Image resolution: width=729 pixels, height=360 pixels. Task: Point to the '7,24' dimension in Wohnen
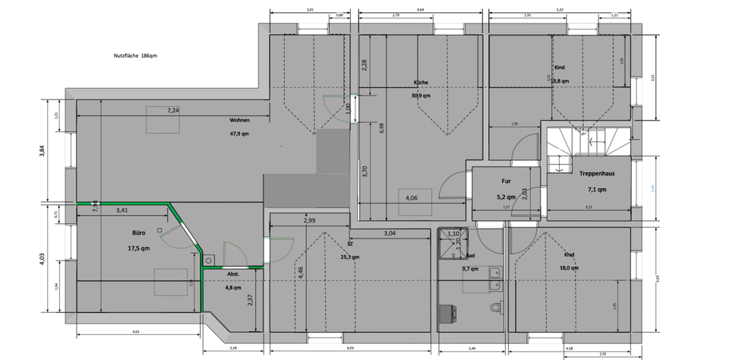pos(175,111)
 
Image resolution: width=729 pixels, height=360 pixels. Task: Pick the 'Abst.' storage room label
pos(233,273)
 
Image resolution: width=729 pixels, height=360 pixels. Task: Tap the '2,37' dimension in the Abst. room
pos(251,299)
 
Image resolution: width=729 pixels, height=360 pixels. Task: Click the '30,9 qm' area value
pos(421,96)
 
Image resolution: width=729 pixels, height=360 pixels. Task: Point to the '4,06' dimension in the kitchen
pos(412,198)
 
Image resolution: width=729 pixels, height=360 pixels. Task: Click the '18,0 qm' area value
pos(569,267)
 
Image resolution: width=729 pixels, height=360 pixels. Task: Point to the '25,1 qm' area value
pos(350,257)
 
